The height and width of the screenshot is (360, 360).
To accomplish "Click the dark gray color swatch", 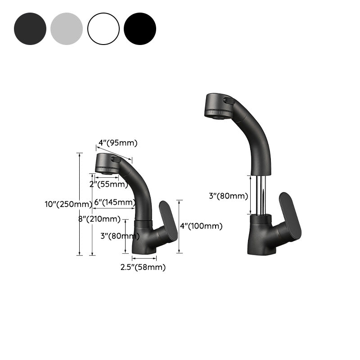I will coord(30,29).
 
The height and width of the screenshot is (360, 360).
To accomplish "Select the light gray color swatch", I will coord(67,29).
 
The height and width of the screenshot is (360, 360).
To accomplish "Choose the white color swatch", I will coord(103,29).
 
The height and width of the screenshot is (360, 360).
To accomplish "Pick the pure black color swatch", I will coord(140,29).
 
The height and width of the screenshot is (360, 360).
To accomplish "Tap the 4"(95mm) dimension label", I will coord(118,143).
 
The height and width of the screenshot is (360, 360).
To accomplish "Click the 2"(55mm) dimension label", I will coord(108,184).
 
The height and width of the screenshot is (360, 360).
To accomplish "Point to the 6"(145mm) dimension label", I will coord(115,202).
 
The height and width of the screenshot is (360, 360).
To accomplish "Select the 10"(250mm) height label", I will coord(68,204).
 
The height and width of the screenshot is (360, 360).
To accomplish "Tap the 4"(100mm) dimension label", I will coord(201,226).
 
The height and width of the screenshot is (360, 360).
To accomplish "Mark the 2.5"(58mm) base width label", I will coord(143,267).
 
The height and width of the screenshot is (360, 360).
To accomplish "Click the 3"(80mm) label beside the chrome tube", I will coord(228,196).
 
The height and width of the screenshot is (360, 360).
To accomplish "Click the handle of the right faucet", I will coord(290,216).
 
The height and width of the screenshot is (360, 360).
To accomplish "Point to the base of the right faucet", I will coord(260,238).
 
